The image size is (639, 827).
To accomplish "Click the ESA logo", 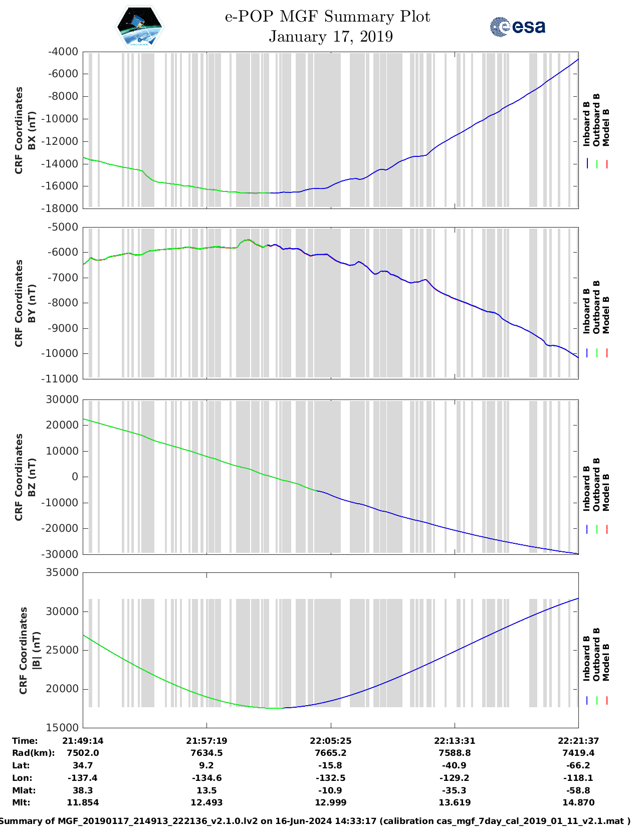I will pyautogui.click(x=517, y=27).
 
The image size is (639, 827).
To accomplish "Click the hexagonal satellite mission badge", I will pyautogui.click(x=139, y=26).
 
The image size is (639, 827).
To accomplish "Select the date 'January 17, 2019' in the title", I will pyautogui.click(x=331, y=37).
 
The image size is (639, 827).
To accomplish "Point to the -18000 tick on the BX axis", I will pyautogui.click(x=63, y=208).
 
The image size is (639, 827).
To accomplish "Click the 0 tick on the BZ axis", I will pyautogui.click(x=75, y=477).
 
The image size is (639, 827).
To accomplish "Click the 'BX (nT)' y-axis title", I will pyautogui.click(x=32, y=130).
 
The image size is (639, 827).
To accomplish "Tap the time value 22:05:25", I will pyautogui.click(x=330, y=740).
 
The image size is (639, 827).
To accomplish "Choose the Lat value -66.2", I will pyautogui.click(x=578, y=765).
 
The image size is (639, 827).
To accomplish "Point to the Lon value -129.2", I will pyautogui.click(x=455, y=778).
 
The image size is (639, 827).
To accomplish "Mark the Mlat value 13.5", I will pyautogui.click(x=206, y=790).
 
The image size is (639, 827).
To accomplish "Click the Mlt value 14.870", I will pyautogui.click(x=578, y=802).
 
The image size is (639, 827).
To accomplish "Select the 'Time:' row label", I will pyautogui.click(x=25, y=740).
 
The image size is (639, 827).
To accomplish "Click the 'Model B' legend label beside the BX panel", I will pyautogui.click(x=606, y=127).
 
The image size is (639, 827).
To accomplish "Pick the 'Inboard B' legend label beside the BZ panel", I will pyautogui.click(x=586, y=489).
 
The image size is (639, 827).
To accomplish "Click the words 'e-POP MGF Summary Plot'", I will pyautogui.click(x=327, y=17).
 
